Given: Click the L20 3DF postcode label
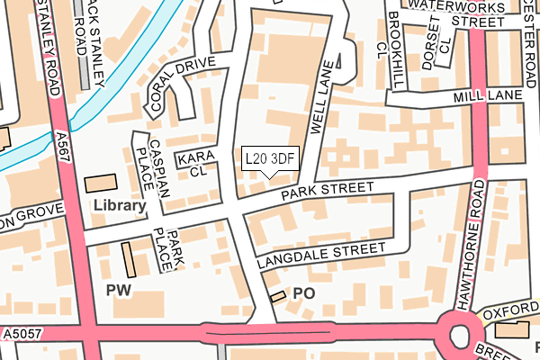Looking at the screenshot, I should click(x=270, y=159).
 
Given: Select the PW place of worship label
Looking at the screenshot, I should click(x=119, y=290).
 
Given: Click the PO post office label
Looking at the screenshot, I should click(x=304, y=293).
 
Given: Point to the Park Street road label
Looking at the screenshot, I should click(x=326, y=191).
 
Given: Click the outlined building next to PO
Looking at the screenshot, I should click(x=278, y=295).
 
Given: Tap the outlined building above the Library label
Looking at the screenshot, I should click(x=100, y=183).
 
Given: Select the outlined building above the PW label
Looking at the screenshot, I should click(x=127, y=259).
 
